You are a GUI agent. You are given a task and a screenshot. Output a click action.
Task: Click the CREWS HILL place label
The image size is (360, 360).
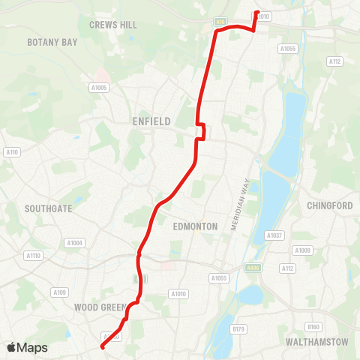(x=113, y=25)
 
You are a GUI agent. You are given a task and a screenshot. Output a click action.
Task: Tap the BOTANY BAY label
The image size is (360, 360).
(x=52, y=43)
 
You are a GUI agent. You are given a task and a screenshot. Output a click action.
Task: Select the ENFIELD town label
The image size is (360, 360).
(x=151, y=121)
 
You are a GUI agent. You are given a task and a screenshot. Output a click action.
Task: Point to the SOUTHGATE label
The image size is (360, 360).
(x=48, y=208)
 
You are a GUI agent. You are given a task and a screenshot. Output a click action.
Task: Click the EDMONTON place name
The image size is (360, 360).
(x=195, y=226)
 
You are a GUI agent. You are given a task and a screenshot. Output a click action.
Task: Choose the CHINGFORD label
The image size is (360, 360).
(x=329, y=205)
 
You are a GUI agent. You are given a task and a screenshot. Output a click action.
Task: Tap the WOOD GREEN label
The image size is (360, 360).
(x=100, y=307)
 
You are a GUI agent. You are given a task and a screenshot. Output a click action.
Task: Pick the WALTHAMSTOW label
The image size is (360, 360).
(x=317, y=342)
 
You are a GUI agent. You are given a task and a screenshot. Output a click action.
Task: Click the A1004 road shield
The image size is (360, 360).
(x=74, y=242)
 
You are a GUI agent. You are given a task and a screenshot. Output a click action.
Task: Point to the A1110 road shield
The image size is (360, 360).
(x=33, y=256)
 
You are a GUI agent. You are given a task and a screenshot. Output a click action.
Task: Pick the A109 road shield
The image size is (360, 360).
(x=61, y=292)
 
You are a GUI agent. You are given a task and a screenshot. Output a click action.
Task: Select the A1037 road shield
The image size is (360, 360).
(x=274, y=235)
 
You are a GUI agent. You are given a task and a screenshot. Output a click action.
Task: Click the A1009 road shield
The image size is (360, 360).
(x=302, y=250)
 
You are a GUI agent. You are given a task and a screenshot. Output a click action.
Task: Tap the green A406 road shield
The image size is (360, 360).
(x=253, y=268)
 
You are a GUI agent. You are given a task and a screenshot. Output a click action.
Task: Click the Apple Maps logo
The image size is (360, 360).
(x=27, y=347)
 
